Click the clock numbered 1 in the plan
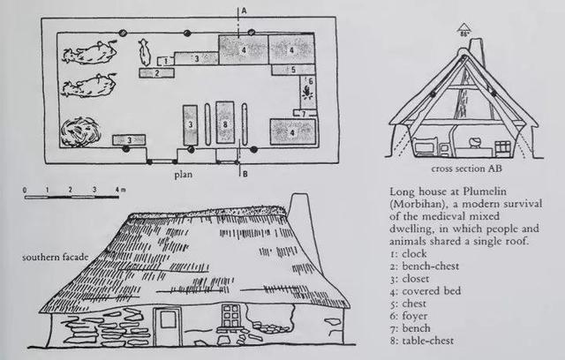(x=165, y=61)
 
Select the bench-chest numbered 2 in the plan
(x=157, y=72)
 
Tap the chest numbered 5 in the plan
(x=292, y=70)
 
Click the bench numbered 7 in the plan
(x=304, y=114)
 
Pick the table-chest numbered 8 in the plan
(x=225, y=123)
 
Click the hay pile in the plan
(x=80, y=132)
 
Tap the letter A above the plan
(x=244, y=11)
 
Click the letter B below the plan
(x=245, y=174)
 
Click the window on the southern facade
(x=230, y=317)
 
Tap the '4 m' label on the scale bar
(x=120, y=190)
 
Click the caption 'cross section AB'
(x=466, y=169)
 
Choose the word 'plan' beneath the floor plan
(x=184, y=175)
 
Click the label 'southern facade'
(x=55, y=258)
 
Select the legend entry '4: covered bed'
(x=426, y=291)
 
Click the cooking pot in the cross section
(x=474, y=142)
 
